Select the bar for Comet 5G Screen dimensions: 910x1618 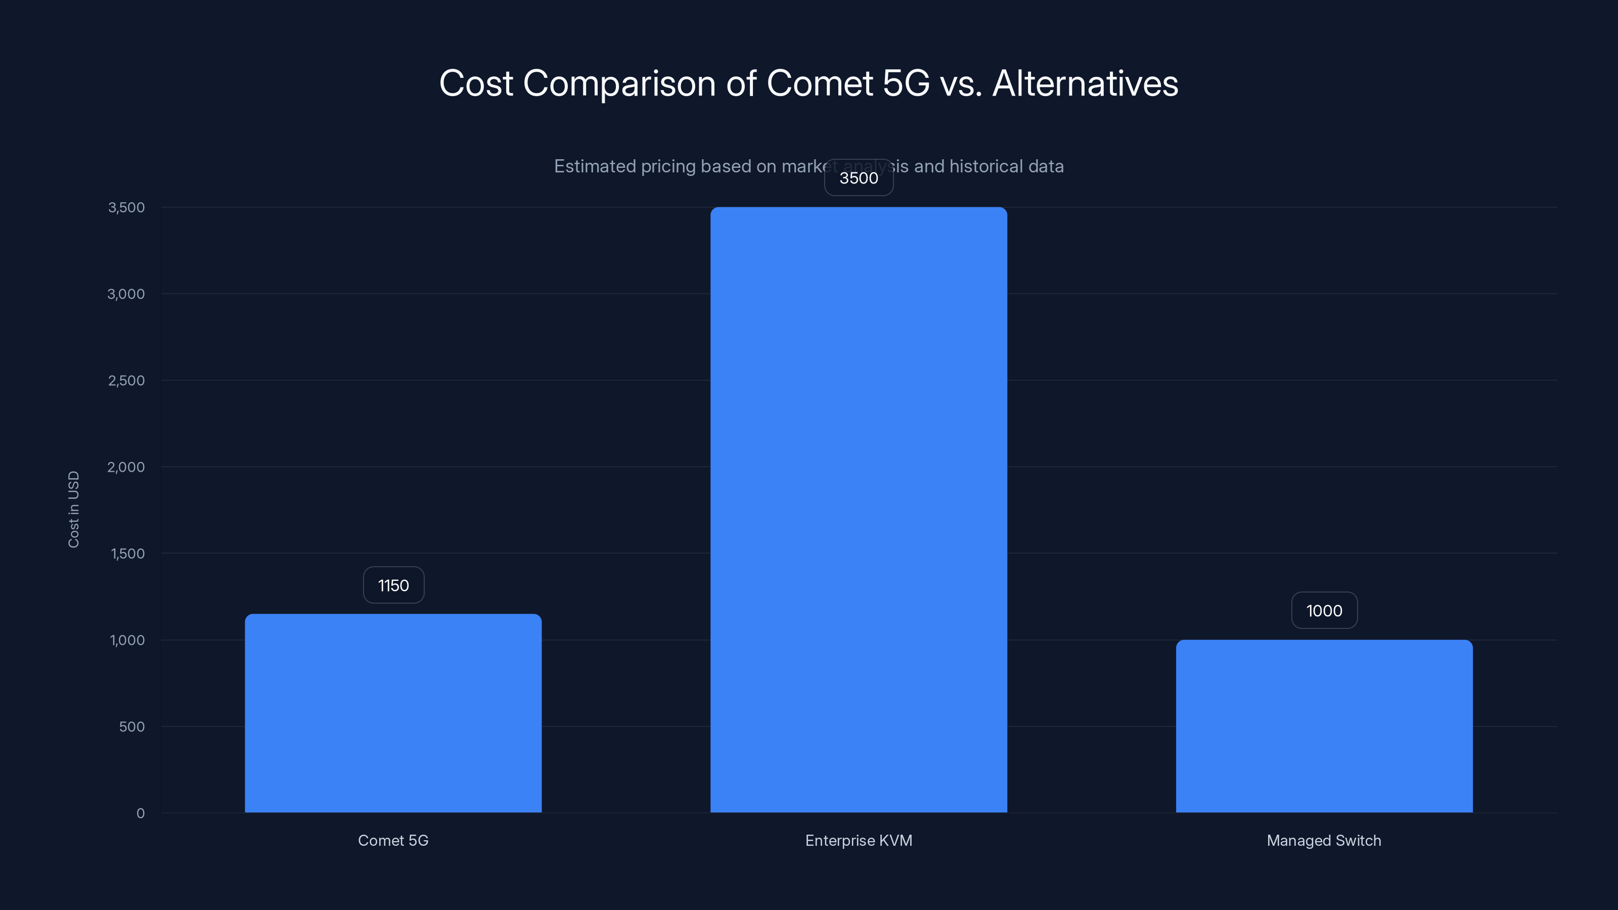(x=393, y=713)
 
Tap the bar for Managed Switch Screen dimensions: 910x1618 (x=1324, y=726)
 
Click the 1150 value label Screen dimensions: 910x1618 (x=394, y=585)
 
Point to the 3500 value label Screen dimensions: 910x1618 (x=859, y=178)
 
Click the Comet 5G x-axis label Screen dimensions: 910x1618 (x=393, y=840)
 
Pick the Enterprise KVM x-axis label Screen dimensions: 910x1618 (x=859, y=840)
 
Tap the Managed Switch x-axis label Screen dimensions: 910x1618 (x=1324, y=840)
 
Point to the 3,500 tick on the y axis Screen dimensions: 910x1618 (x=126, y=207)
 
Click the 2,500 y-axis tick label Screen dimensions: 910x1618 (x=126, y=381)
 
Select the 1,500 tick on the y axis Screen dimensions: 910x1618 (x=127, y=553)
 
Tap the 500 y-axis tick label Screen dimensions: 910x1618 (x=132, y=726)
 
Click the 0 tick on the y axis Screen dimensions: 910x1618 (x=141, y=813)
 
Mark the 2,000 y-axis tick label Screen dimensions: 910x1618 (x=126, y=467)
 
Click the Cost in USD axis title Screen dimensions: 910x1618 (x=73, y=509)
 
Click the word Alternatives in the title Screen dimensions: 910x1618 (x=1085, y=83)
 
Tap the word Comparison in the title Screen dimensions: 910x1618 (x=619, y=84)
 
